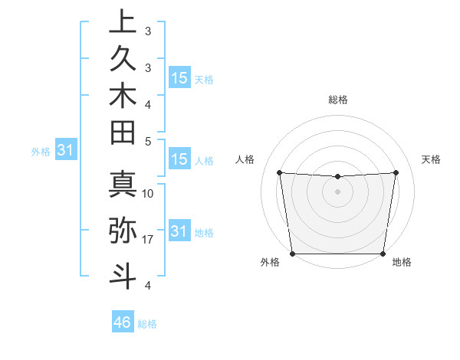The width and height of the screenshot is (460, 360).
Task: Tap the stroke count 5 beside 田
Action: [149, 141]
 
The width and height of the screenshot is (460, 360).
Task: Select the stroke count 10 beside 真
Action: [149, 194]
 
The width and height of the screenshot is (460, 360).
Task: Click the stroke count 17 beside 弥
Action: [149, 240]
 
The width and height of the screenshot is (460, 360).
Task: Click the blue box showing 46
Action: [123, 322]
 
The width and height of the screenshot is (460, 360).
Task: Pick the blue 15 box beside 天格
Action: [179, 78]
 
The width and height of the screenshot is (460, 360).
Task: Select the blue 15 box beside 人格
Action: [179, 160]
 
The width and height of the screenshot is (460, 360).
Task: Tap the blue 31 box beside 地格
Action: [179, 231]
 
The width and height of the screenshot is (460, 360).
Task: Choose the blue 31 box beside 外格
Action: [66, 151]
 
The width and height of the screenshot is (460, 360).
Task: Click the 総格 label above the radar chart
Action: [338, 100]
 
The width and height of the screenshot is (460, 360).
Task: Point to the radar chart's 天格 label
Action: [432, 159]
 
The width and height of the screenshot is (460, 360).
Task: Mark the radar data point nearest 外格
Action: [292, 254]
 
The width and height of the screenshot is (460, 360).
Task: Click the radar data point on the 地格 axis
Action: [383, 254]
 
